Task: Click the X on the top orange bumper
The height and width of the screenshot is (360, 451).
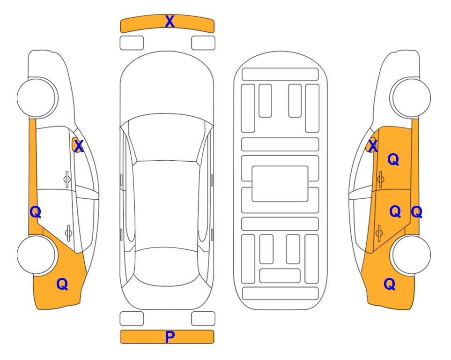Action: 170,22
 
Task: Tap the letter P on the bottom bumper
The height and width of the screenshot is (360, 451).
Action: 170,337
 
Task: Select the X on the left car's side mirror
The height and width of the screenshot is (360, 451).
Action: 79,146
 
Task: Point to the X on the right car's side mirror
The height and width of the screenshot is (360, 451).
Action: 373,146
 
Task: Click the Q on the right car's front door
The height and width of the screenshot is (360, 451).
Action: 393,159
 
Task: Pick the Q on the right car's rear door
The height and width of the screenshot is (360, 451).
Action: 395,211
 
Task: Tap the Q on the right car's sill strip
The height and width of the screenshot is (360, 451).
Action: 416,212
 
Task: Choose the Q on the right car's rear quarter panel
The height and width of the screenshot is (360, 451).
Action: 390,284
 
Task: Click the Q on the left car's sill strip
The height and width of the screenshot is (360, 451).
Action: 36,212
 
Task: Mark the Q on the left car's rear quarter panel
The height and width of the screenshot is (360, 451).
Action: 62,284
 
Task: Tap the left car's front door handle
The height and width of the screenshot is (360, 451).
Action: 67,180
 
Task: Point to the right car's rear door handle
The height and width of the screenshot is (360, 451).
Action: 379,233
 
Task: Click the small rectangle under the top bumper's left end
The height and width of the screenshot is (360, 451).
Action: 132,43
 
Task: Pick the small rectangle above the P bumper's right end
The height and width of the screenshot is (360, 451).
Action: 203,319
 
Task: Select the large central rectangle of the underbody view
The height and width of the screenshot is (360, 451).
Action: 280,184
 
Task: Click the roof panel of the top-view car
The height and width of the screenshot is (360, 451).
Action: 166,204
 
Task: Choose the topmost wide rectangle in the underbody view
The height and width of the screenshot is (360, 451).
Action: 280,75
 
